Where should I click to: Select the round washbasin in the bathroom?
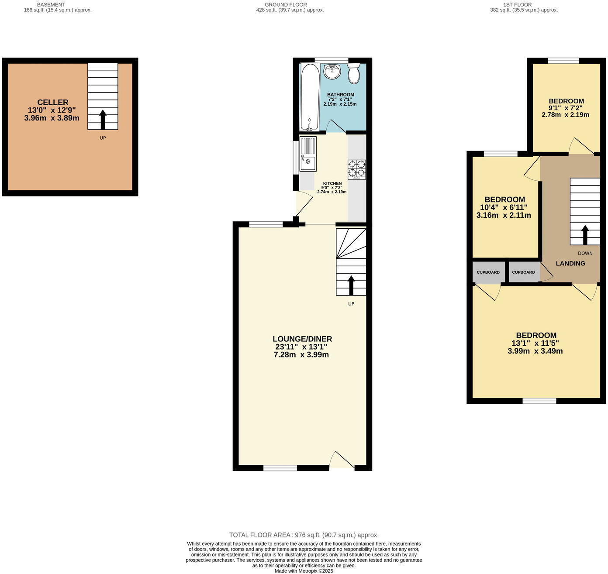pos(332,72)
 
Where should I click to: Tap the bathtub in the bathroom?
pos(310,96)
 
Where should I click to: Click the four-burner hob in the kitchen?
pos(357,169)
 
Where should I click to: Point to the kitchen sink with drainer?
pos(308,154)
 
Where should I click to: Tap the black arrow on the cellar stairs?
pos(103,119)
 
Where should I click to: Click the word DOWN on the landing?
pos(585,253)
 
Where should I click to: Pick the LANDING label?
pos(570,263)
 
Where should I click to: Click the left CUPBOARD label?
pos(488,272)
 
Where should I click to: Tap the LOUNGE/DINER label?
pos(302,339)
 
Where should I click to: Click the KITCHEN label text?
pos(332,183)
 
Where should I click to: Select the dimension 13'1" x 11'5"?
pos(535,343)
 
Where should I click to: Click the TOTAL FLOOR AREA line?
pos(304,535)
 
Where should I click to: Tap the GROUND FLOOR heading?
pos(286,5)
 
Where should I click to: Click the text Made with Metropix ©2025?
pos(304,571)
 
